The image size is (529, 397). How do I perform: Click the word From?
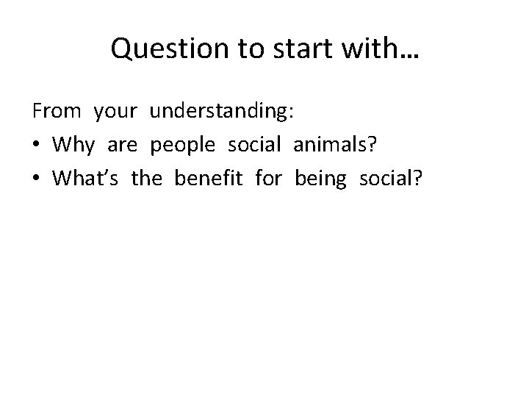coord(55,112)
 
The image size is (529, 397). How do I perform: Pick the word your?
coord(115,112)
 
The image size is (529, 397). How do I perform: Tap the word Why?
coord(73,146)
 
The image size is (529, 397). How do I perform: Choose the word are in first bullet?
coord(122,146)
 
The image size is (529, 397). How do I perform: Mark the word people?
coord(183,146)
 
